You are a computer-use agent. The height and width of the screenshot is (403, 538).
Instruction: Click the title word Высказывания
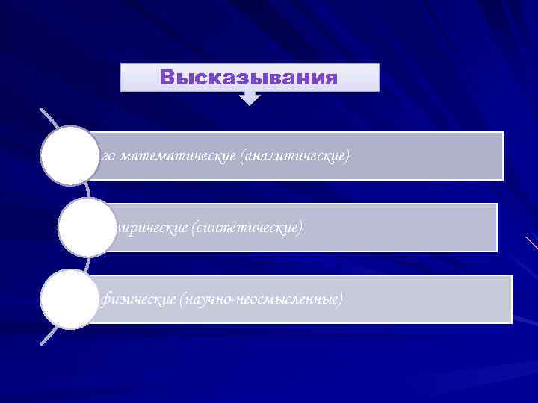[250, 78]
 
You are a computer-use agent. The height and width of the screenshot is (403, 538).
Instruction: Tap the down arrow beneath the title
[250, 97]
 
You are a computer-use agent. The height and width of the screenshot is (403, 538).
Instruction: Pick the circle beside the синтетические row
[87, 227]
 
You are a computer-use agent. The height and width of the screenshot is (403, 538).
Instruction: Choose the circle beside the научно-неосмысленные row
[70, 299]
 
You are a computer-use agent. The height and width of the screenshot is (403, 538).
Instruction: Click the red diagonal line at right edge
[531, 243]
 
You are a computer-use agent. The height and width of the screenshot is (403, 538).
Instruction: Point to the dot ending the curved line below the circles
[41, 343]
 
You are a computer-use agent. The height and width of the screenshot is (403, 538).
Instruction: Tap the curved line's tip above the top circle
[40, 110]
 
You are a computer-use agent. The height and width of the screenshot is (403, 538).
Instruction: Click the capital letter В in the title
[167, 78]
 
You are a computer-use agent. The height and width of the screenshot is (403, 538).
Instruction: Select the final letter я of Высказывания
[331, 78]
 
